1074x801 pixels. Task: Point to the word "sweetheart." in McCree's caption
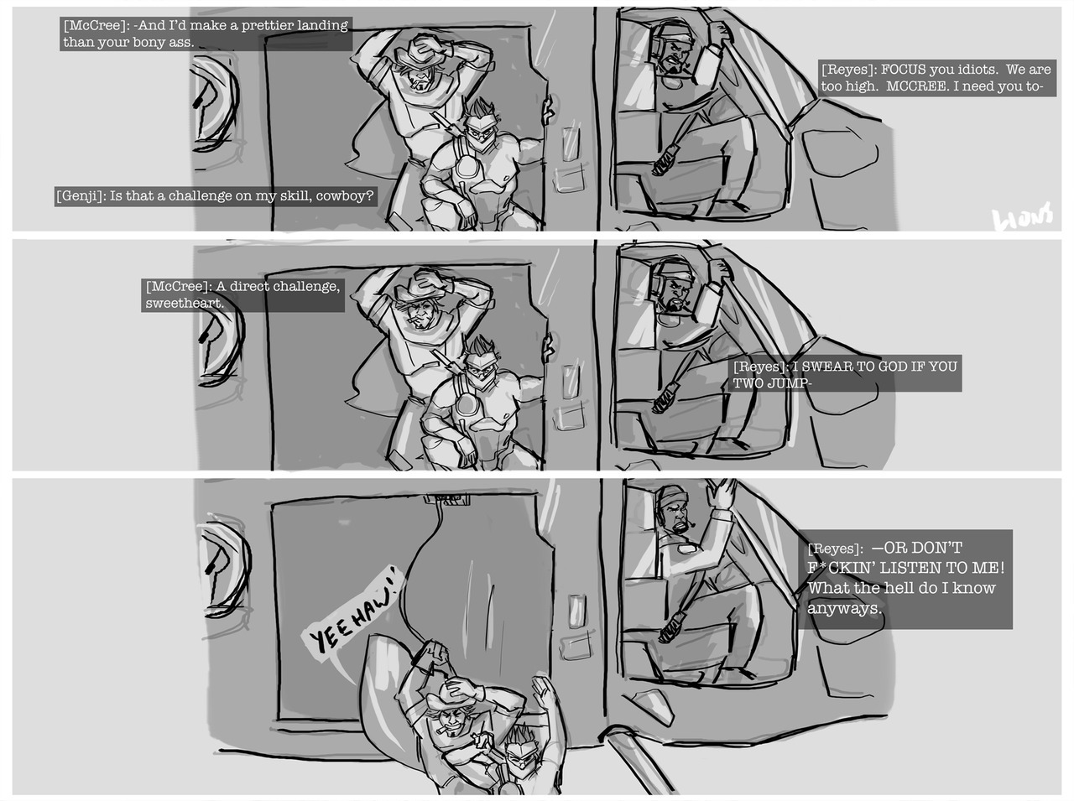[x=185, y=303]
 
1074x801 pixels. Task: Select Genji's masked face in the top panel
[x=477, y=131]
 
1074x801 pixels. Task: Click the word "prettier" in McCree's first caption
[x=264, y=25]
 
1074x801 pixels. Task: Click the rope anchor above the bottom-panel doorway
[x=446, y=500]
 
